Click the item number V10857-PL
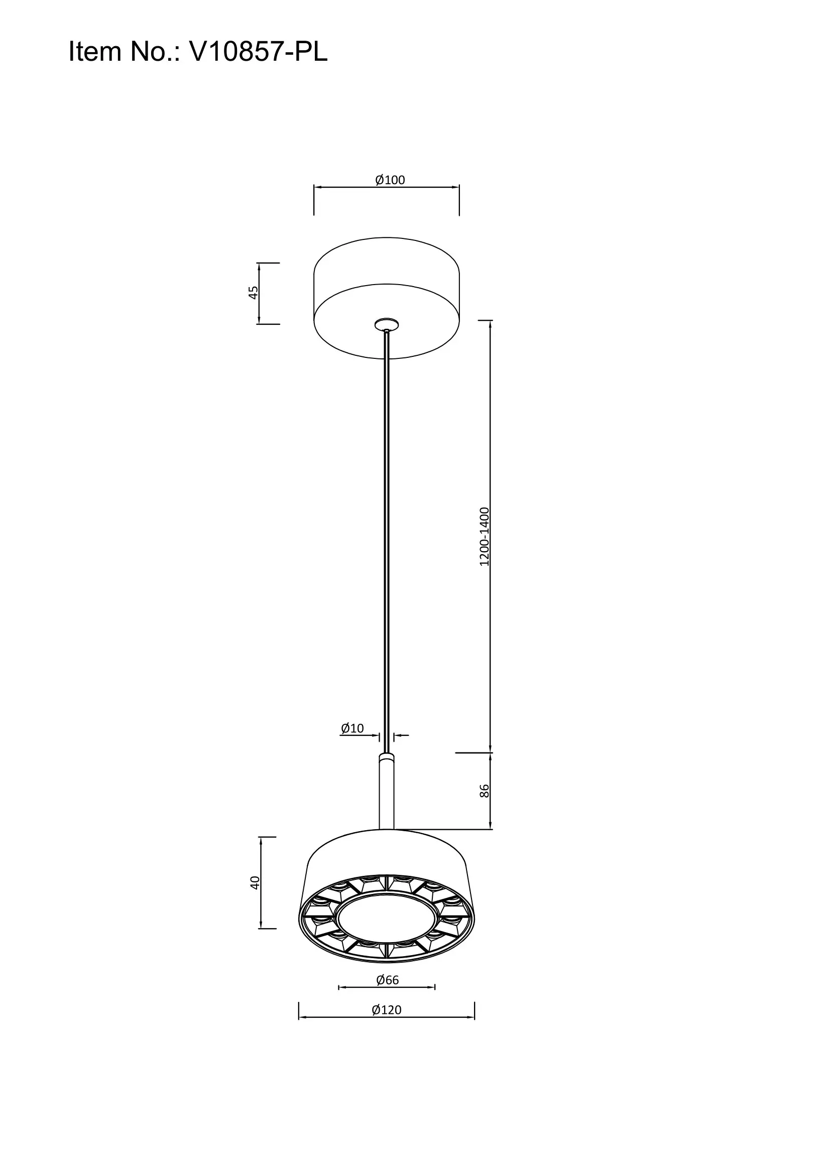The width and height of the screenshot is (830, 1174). coord(258,52)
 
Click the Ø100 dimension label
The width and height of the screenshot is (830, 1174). coord(390,180)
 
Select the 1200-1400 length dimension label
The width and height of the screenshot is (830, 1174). coord(485,537)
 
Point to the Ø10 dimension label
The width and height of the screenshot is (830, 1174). coord(352,728)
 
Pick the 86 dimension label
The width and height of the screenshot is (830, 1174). coord(485,791)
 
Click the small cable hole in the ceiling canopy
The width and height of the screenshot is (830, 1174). coord(387,324)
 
